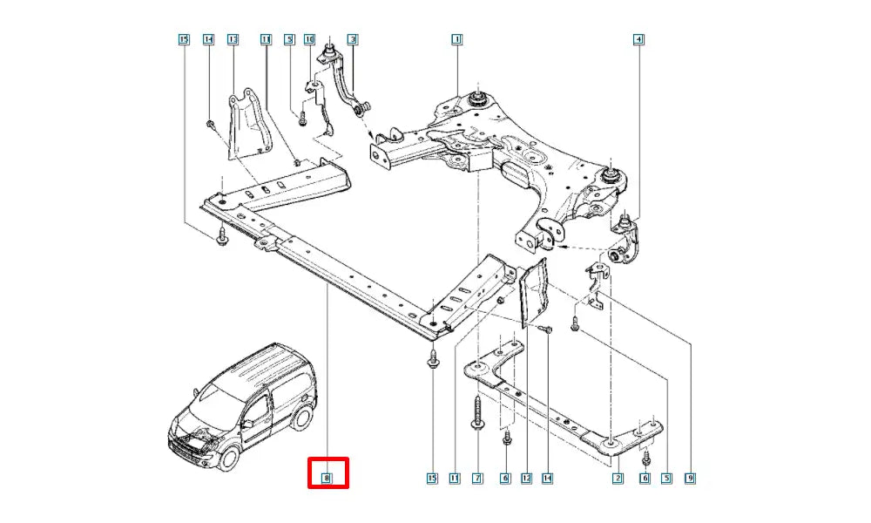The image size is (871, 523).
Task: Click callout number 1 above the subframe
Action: click(x=456, y=39)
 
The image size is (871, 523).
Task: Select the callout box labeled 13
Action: click(x=233, y=39)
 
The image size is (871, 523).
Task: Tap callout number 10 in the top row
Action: click(x=309, y=39)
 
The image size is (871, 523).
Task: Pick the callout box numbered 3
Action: click(x=352, y=39)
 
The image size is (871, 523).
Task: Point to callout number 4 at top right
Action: click(x=638, y=39)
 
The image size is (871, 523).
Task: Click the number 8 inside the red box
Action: click(x=327, y=477)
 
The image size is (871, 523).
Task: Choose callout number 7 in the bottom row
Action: click(x=477, y=478)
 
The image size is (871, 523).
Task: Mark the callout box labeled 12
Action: click(x=526, y=478)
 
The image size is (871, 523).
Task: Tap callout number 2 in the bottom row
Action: click(x=618, y=478)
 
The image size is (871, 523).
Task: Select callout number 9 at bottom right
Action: click(x=690, y=478)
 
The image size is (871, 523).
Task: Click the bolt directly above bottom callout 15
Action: click(x=433, y=358)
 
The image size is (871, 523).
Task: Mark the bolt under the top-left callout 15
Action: click(x=220, y=236)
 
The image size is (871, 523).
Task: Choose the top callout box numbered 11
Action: click(x=266, y=39)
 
